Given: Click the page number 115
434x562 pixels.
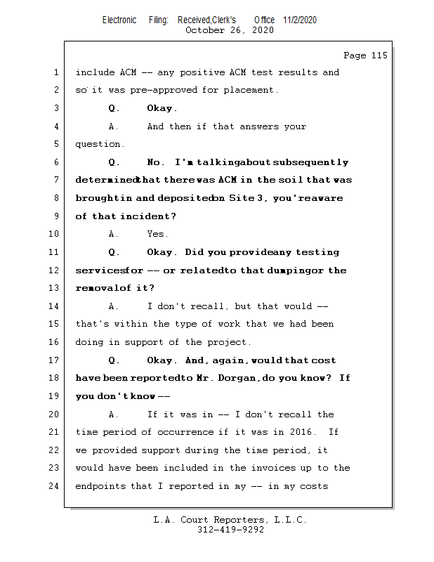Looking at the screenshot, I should click(x=379, y=55).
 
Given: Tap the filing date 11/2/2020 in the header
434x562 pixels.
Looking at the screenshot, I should click(x=300, y=20).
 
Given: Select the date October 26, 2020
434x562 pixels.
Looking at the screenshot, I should click(x=229, y=30).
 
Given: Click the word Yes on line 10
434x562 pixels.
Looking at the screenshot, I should click(x=157, y=234).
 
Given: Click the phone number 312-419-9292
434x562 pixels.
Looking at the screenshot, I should click(x=230, y=530).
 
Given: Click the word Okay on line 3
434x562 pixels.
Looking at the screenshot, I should click(x=162, y=108).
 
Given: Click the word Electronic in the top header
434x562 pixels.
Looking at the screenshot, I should click(x=119, y=20).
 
